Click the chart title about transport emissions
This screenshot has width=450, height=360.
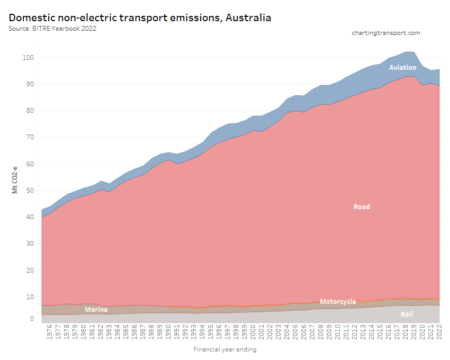[140, 17]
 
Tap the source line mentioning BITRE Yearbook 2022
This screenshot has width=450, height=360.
[52, 29]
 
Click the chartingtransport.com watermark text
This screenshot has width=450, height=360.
[386, 33]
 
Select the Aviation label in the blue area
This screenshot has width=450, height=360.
[402, 68]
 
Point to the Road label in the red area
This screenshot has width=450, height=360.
[362, 207]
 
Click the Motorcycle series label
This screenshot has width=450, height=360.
[338, 302]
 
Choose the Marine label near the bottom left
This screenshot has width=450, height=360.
[96, 310]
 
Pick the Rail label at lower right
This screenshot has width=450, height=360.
[407, 314]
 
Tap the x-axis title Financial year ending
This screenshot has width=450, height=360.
[225, 349]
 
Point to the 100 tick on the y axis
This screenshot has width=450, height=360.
[28, 57]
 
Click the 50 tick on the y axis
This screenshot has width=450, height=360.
[30, 191]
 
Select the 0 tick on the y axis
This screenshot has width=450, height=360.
[32, 319]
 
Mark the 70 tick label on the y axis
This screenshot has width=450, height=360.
[30, 137]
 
